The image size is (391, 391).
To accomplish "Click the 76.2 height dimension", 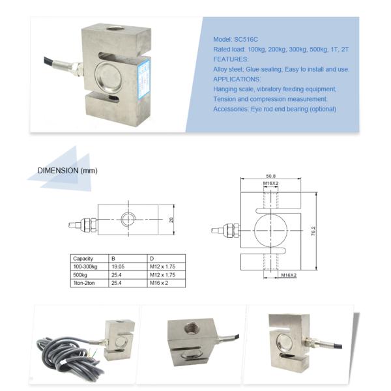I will point(313,231).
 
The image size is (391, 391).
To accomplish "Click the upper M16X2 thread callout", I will point(271,184).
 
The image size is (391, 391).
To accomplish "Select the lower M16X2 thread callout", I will point(289,276).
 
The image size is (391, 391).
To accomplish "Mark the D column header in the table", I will point(151,259).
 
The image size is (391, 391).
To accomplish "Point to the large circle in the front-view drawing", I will point(271,231).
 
